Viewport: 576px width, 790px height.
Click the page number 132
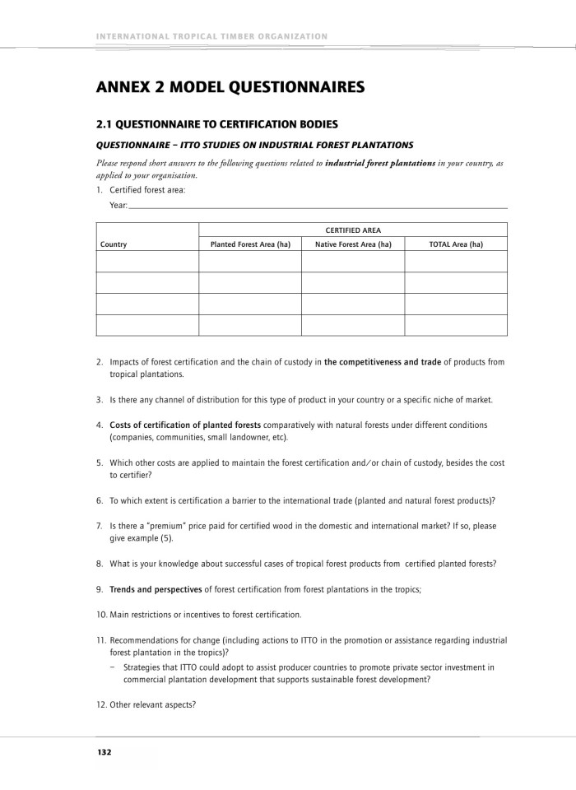(x=104, y=752)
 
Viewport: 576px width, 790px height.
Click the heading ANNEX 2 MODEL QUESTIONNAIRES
(x=230, y=86)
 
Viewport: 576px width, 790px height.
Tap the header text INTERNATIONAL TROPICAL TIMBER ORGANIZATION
(x=212, y=36)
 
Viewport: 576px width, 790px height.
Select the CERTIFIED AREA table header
(x=353, y=230)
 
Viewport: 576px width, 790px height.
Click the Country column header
(x=114, y=244)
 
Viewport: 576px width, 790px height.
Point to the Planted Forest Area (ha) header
(x=250, y=244)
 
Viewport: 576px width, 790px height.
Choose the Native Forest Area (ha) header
(x=353, y=244)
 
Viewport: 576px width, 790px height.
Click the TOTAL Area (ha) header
(x=456, y=244)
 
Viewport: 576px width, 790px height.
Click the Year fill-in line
(x=318, y=206)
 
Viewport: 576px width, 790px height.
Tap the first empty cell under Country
(x=147, y=262)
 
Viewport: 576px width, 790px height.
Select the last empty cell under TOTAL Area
(x=456, y=325)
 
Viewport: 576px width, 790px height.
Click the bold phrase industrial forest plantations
(x=380, y=164)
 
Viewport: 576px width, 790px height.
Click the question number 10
(x=101, y=615)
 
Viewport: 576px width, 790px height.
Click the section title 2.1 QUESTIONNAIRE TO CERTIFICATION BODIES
(x=217, y=125)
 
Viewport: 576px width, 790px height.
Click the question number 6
(x=100, y=500)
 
